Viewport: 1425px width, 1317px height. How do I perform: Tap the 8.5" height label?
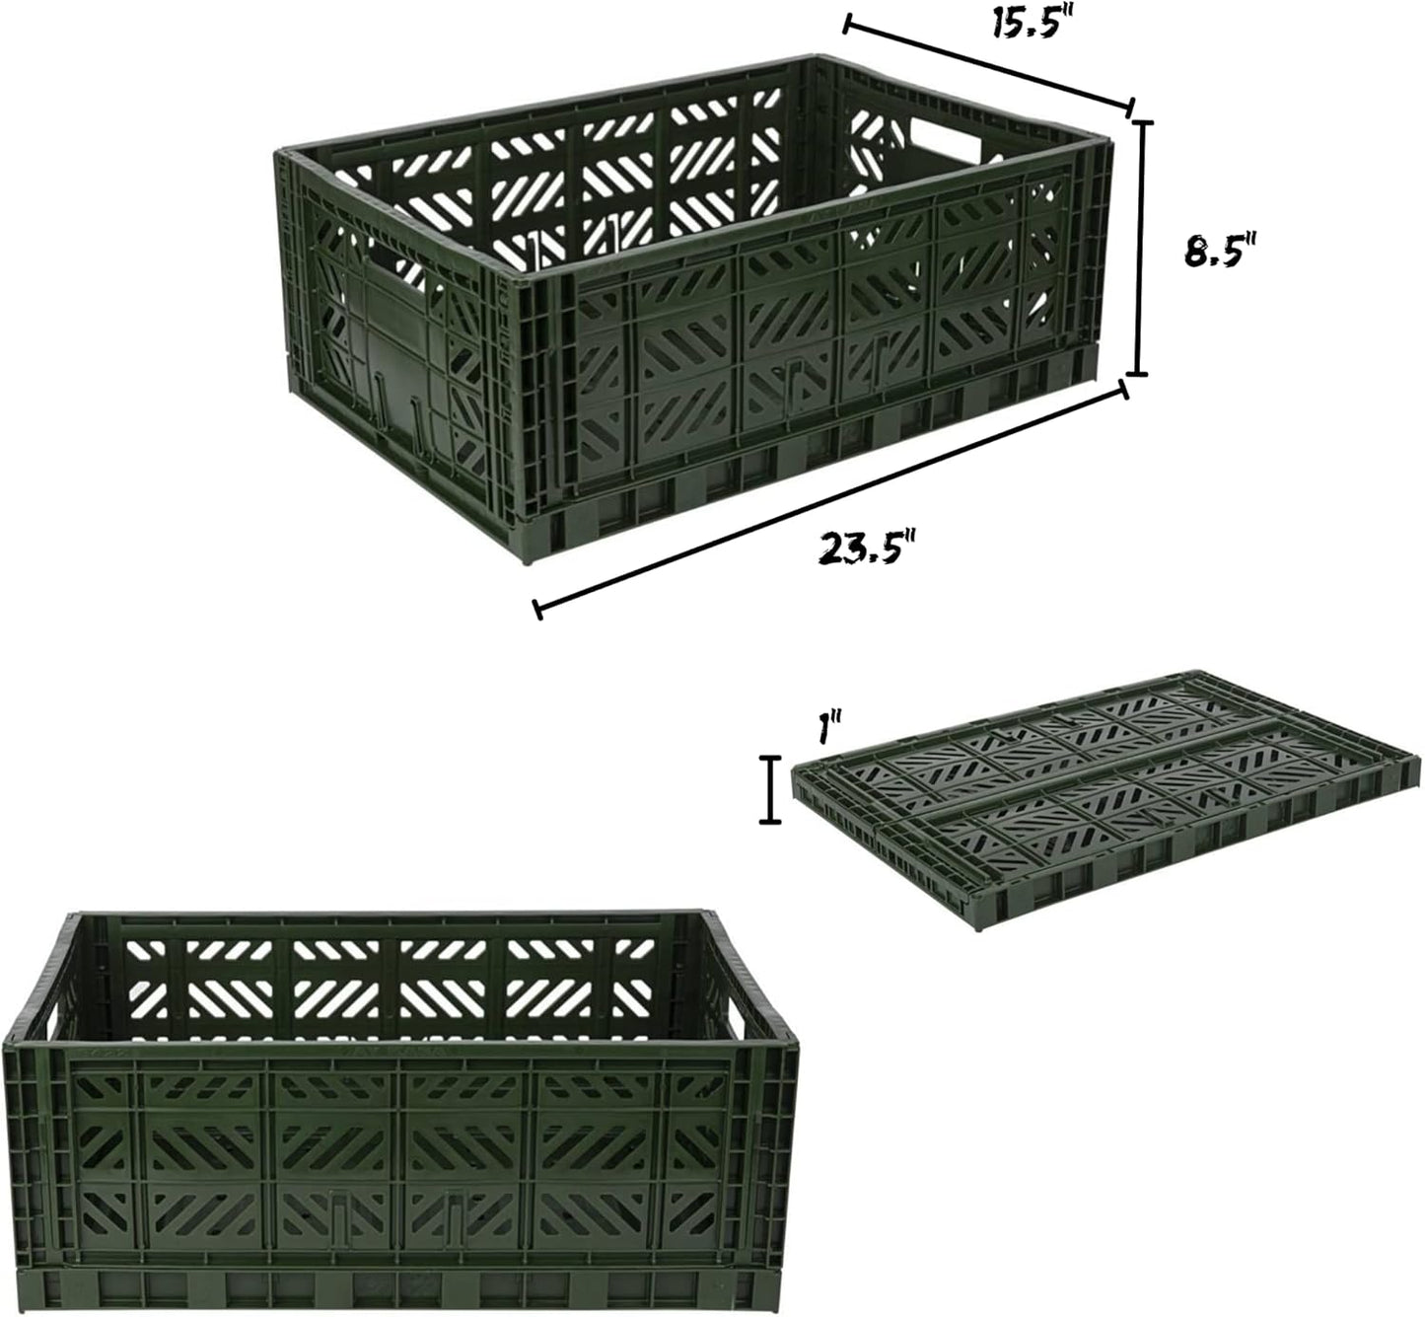1221,252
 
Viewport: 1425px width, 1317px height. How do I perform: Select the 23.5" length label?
868,548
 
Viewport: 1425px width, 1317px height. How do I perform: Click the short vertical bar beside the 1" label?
771,789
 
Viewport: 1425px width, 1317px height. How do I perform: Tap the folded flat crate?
1104,801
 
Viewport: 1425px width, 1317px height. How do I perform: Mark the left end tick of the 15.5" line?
847,25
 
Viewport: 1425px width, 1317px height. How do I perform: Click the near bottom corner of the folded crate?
984,927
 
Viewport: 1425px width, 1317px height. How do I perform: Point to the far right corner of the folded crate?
1417,756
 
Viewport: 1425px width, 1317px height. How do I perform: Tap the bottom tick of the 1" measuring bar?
771,822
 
